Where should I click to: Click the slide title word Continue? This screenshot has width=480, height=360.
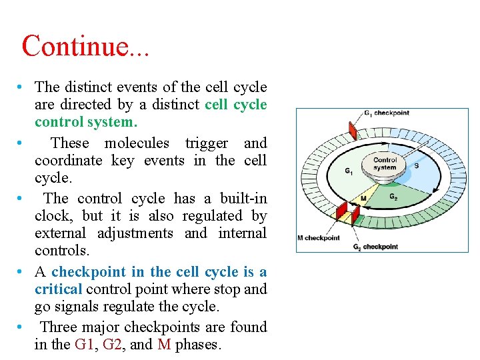point(74,46)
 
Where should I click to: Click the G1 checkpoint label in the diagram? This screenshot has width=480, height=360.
point(386,113)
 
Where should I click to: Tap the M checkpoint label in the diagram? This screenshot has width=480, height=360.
point(318,237)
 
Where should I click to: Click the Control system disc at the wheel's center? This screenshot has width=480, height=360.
point(385,164)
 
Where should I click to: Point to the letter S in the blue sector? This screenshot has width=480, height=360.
point(417,165)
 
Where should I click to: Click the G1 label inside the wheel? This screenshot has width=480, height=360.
point(348,171)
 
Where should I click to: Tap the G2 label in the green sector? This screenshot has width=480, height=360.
point(393,196)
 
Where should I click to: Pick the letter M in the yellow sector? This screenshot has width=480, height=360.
point(363,198)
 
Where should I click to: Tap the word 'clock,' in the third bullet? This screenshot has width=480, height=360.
point(54,215)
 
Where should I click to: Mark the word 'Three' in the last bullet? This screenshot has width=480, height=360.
point(59,327)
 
